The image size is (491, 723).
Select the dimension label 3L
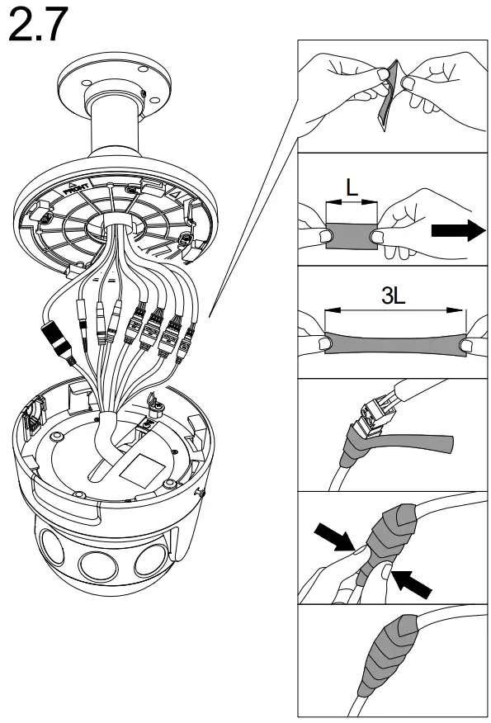[393, 297]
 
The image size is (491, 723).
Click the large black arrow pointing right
[460, 231]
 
